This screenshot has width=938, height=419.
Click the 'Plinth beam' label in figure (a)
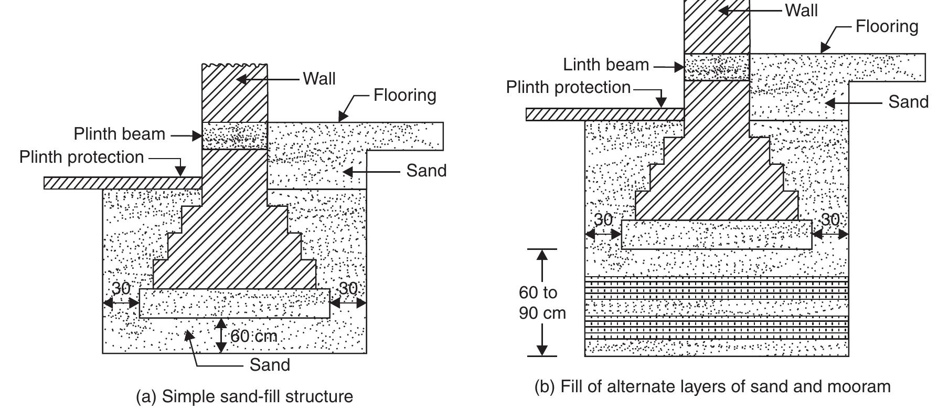point(119,134)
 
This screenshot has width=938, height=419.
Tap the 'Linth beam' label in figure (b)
point(606,65)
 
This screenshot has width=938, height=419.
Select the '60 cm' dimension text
point(253,336)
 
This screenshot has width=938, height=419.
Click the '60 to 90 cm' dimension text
point(542,303)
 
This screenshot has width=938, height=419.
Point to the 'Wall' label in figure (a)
point(319,79)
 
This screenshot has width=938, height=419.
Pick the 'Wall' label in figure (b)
point(801,10)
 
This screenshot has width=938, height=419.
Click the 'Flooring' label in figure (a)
point(404,95)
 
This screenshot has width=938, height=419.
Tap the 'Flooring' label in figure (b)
point(887,26)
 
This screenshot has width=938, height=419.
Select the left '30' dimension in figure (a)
point(121,288)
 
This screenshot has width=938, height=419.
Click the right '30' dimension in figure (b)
point(830,219)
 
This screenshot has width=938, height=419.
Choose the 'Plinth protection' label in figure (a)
point(81,157)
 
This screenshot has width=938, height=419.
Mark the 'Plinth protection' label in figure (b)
point(568,87)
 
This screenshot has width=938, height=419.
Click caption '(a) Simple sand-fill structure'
point(244,396)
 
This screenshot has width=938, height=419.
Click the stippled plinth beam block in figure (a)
point(235,136)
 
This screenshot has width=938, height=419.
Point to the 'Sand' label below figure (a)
point(270,364)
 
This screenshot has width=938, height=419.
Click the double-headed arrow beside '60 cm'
point(221,335)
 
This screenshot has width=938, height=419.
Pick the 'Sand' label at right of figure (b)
point(908,102)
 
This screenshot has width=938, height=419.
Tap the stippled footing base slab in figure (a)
point(235,303)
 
